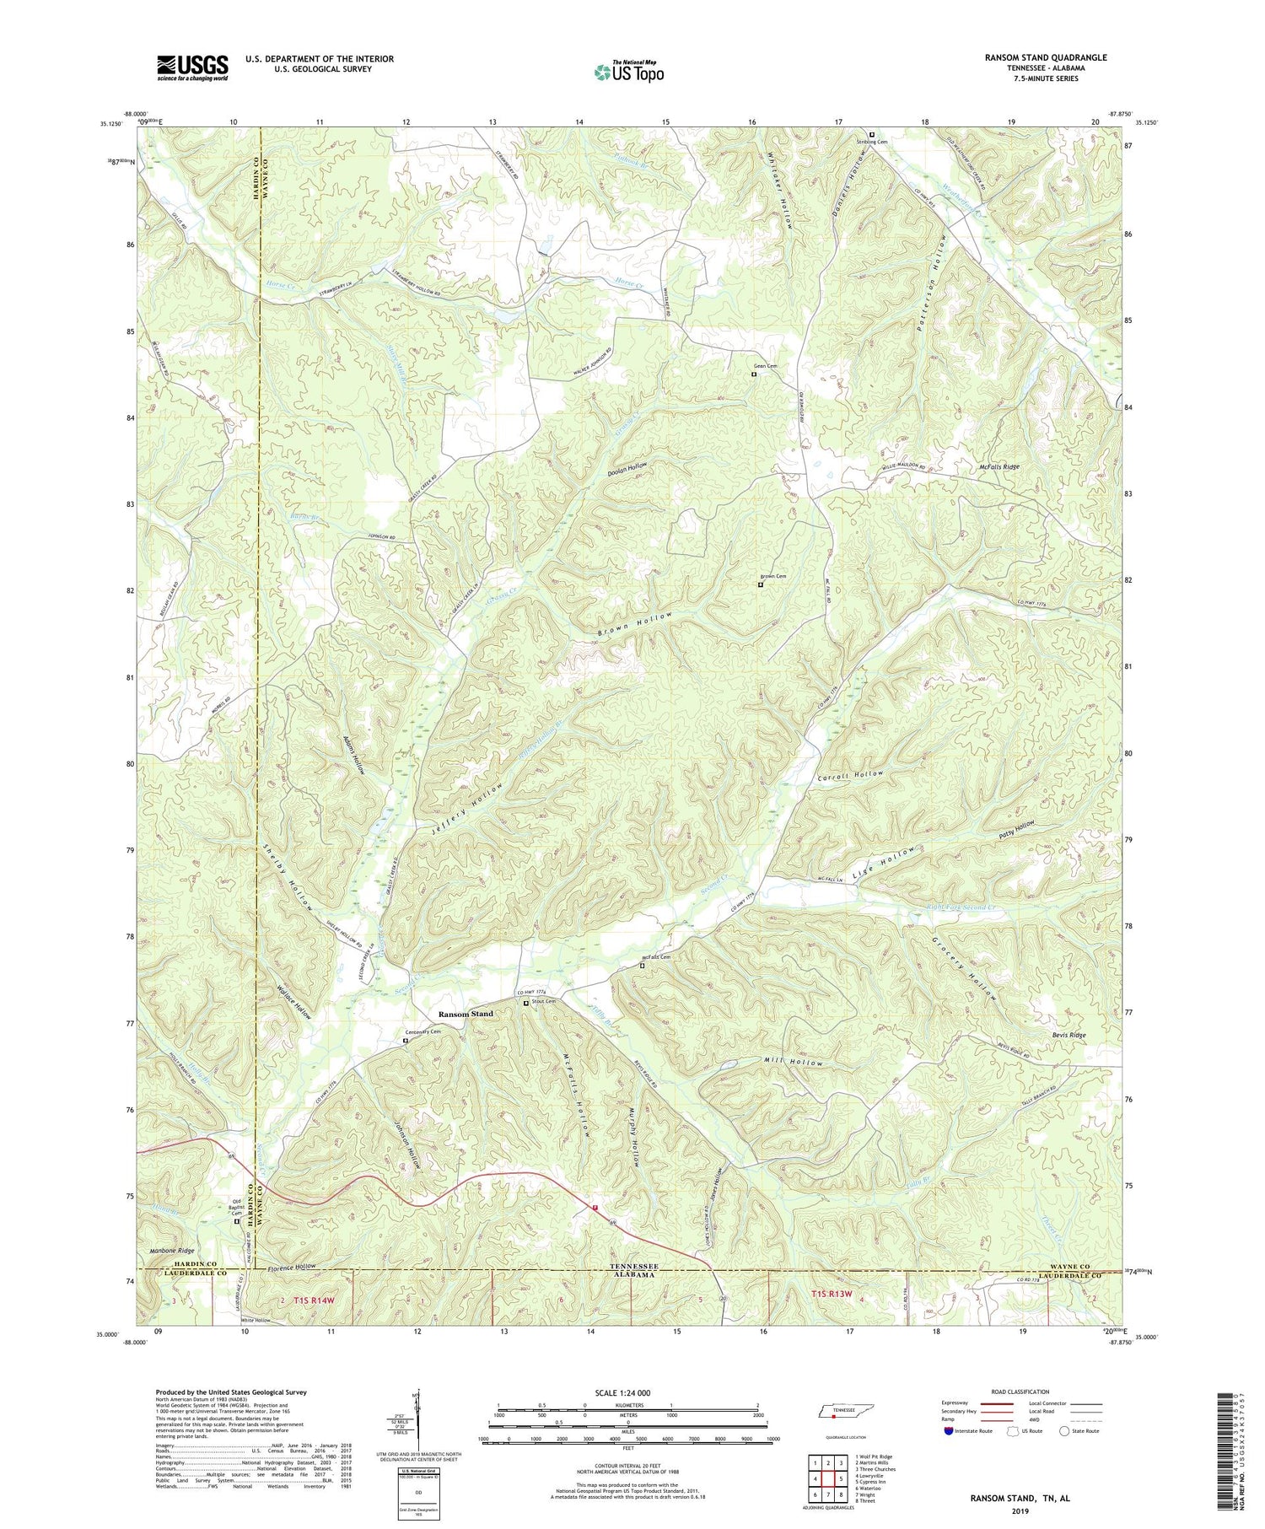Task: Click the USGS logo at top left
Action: point(192,67)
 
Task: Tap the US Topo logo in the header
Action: point(628,72)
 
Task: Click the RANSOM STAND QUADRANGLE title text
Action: point(1056,57)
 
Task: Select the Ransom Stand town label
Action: point(465,1013)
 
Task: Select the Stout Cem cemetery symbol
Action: point(527,1004)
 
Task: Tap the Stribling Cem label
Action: point(872,142)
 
